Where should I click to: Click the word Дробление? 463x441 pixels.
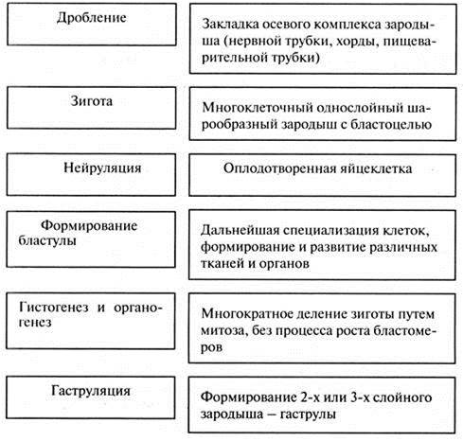pyautogui.click(x=92, y=18)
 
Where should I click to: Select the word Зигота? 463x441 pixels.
pyautogui.click(x=91, y=101)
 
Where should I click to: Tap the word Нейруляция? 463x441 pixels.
pyautogui.click(x=102, y=168)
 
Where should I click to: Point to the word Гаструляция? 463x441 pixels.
pyautogui.click(x=91, y=391)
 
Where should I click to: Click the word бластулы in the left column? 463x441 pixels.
pyautogui.click(x=47, y=240)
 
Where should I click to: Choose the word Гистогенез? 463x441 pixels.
pyautogui.click(x=54, y=308)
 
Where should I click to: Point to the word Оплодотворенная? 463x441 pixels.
pyautogui.click(x=279, y=168)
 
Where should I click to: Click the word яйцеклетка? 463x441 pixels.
pyautogui.click(x=376, y=168)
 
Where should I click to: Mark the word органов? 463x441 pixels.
pyautogui.click(x=284, y=263)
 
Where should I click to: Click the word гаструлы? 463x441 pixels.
pyautogui.click(x=308, y=414)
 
